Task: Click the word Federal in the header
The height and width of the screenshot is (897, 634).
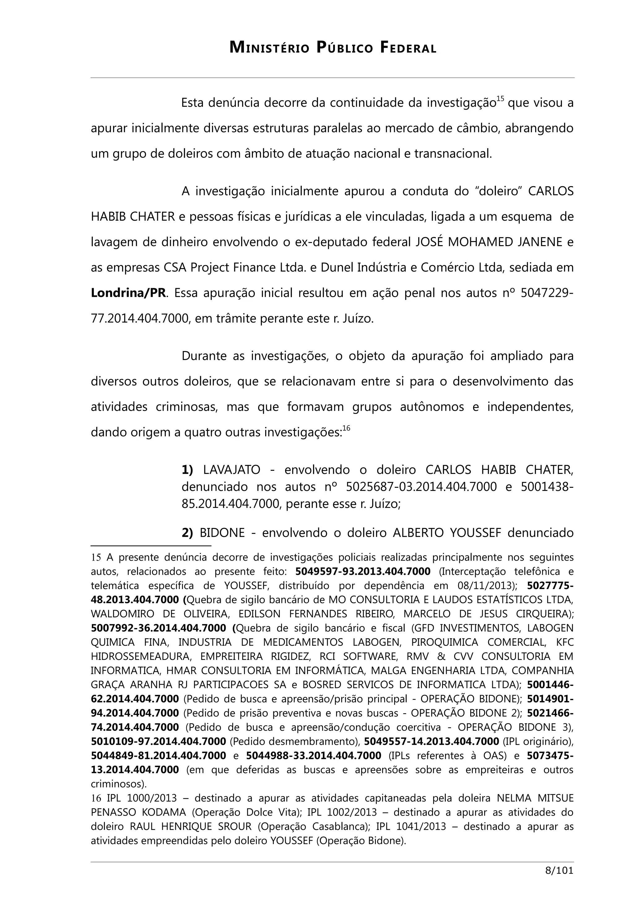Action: pyautogui.click(x=408, y=48)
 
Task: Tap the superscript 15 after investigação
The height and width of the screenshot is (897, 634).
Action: pyautogui.click(x=500, y=99)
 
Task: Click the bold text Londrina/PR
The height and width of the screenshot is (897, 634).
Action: pyautogui.click(x=128, y=293)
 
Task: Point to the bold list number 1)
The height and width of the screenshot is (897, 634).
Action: pyautogui.click(x=188, y=469)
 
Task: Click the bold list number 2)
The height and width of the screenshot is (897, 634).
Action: pyautogui.click(x=188, y=532)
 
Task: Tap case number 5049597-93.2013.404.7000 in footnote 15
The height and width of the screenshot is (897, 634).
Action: pyautogui.click(x=363, y=572)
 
